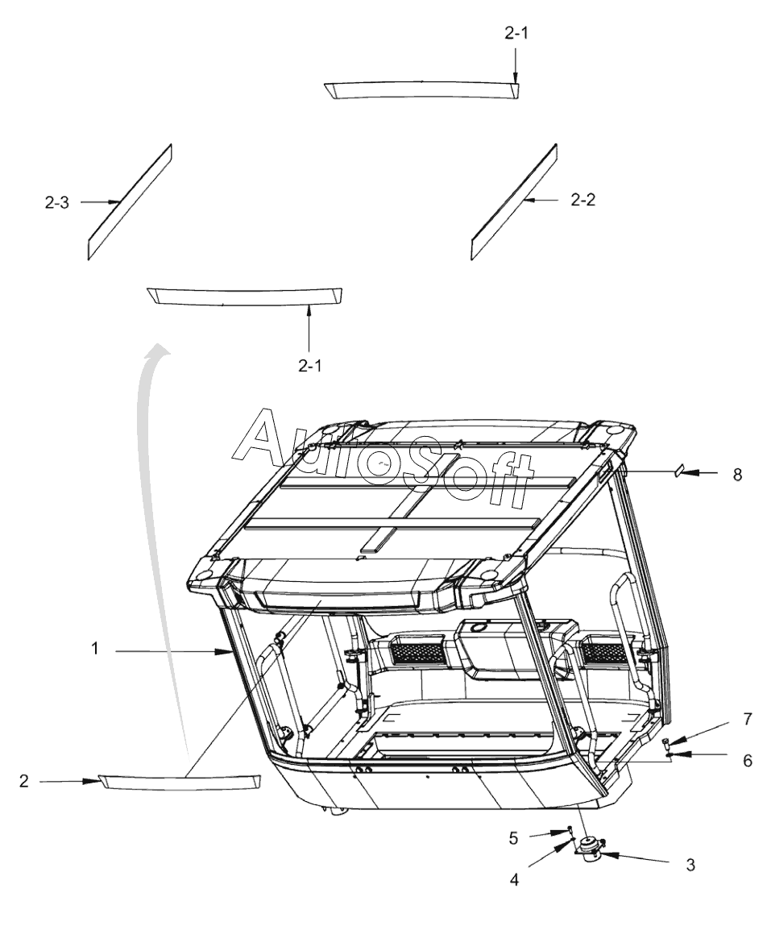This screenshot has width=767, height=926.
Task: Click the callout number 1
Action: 95,649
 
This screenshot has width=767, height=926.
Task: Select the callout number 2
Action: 24,780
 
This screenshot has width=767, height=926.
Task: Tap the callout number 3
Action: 690,864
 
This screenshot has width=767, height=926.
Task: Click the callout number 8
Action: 736,475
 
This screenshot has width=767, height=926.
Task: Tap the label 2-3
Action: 56,203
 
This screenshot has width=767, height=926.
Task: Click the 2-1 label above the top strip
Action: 514,34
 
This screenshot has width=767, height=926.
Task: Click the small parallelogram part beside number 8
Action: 679,470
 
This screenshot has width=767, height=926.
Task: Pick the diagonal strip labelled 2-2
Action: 513,201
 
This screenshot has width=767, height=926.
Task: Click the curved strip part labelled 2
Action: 180,782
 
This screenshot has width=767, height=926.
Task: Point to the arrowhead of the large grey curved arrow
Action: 161,349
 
